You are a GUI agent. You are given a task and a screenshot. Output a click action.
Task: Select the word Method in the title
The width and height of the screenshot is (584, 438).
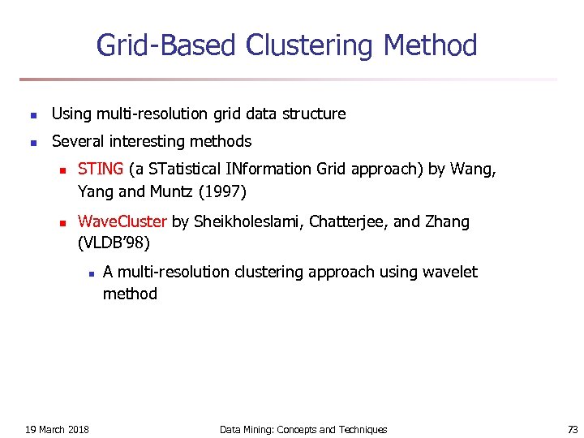click(x=430, y=45)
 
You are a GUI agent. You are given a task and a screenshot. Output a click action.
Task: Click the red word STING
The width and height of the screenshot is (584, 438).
click(x=101, y=170)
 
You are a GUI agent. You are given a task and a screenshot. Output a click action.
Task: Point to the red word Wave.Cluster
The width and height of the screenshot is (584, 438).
click(x=122, y=221)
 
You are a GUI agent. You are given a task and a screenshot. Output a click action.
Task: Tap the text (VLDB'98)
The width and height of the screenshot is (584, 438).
click(x=114, y=243)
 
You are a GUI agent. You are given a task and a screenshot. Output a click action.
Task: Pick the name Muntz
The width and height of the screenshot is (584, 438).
click(x=172, y=191)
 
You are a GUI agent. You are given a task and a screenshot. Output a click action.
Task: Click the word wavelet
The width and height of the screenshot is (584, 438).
click(x=450, y=273)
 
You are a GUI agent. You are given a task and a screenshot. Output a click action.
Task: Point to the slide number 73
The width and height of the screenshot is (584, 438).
click(x=573, y=429)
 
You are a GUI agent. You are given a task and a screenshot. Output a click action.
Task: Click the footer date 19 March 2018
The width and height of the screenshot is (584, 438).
click(x=58, y=429)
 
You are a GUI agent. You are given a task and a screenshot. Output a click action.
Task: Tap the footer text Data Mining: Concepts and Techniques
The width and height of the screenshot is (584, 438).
click(x=303, y=429)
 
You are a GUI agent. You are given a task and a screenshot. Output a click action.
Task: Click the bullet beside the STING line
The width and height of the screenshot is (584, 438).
click(x=59, y=170)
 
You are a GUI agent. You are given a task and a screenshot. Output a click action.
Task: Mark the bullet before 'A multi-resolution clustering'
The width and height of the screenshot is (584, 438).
click(x=92, y=273)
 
